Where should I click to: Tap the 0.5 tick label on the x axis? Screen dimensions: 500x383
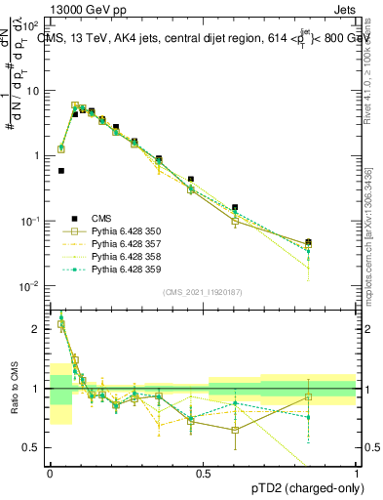203,473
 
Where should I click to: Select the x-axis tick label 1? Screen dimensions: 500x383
356,473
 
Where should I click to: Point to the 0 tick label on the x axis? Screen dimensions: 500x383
50,473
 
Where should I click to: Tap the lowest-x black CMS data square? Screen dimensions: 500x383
60,171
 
